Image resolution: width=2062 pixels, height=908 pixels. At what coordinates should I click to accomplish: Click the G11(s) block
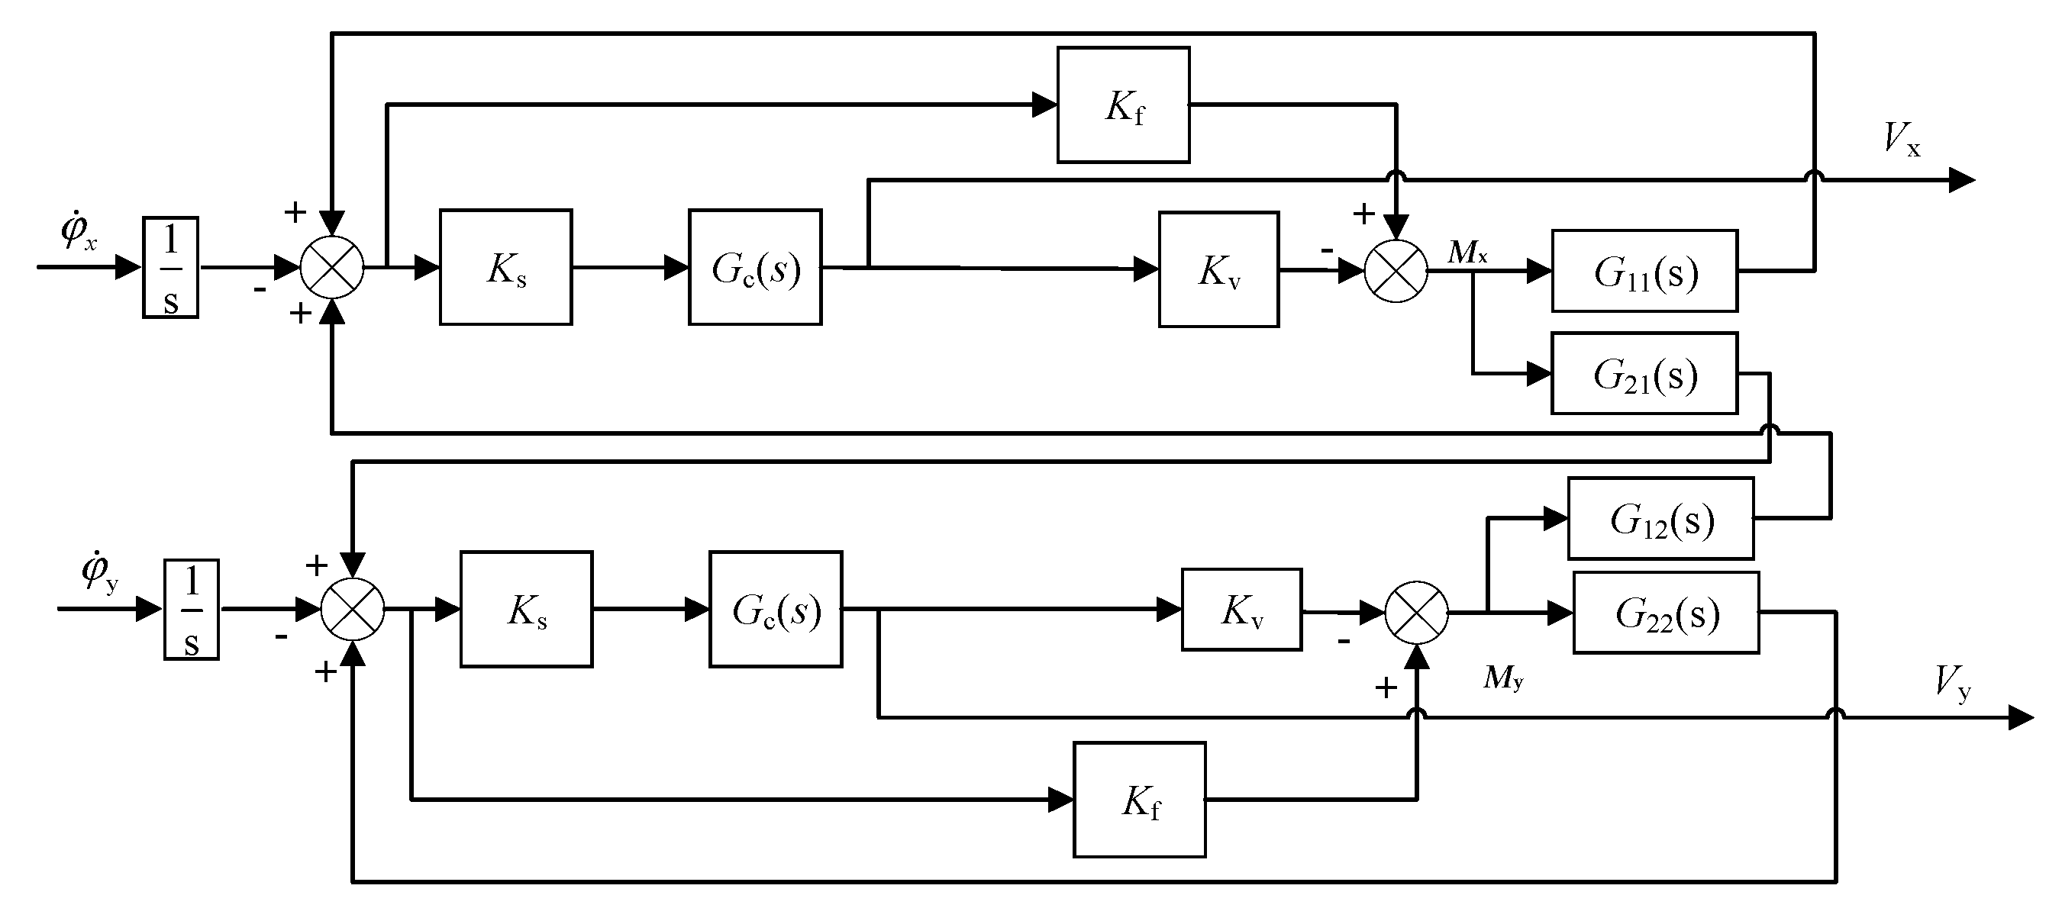pyautogui.click(x=1644, y=270)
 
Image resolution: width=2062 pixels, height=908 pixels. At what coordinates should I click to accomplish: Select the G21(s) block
pyautogui.click(x=1644, y=373)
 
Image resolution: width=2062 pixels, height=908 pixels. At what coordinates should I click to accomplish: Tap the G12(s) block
pyautogui.click(x=1660, y=517)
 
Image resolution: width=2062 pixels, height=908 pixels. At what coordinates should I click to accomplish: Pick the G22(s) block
pyautogui.click(x=1666, y=612)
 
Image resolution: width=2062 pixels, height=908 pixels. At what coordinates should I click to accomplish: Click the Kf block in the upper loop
pyautogui.click(x=1123, y=105)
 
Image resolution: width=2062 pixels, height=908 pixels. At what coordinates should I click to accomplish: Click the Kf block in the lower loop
pyautogui.click(x=1139, y=799)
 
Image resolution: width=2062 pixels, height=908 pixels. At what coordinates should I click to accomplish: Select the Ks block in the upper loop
pyautogui.click(x=505, y=267)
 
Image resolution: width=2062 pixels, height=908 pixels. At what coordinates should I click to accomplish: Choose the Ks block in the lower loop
pyautogui.click(x=526, y=609)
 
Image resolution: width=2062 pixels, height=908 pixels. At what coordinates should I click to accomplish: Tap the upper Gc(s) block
pyautogui.click(x=755, y=267)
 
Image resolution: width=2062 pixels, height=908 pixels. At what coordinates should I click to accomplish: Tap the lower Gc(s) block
pyautogui.click(x=775, y=609)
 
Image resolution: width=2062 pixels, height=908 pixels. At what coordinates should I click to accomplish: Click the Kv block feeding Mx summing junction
pyautogui.click(x=1218, y=269)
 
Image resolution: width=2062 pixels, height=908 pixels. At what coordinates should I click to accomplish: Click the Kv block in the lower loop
pyautogui.click(x=1241, y=610)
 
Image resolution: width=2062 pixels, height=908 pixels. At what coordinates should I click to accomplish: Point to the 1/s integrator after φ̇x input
pyautogui.click(x=170, y=267)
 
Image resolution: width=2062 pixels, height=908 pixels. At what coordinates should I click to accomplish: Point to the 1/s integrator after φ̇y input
pyautogui.click(x=192, y=609)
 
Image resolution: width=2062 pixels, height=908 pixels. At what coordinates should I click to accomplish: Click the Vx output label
pyautogui.click(x=1901, y=139)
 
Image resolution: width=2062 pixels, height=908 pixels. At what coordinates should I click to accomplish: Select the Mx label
pyautogui.click(x=1467, y=253)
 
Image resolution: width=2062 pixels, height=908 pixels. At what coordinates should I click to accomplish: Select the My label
pyautogui.click(x=1502, y=678)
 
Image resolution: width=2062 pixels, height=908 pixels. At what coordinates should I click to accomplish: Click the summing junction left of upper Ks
pyautogui.click(x=332, y=267)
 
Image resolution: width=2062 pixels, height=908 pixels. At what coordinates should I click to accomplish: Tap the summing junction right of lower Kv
pyautogui.click(x=1417, y=613)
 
